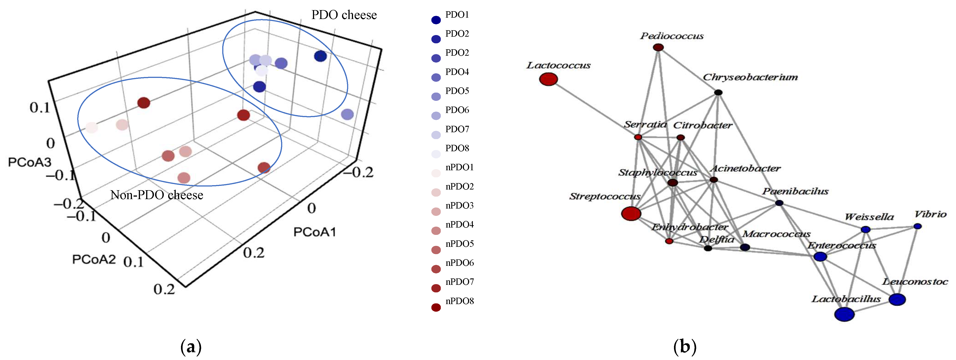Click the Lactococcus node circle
[548, 79]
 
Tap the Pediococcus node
[658, 47]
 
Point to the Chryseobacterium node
[718, 92]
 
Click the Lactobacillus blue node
[844, 314]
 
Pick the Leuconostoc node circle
[897, 299]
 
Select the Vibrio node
[918, 226]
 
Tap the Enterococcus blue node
[820, 256]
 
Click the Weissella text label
[869, 217]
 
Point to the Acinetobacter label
[745, 168]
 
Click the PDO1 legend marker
[436, 20]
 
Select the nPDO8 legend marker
[436, 307]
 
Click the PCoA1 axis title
[315, 232]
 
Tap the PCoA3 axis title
[30, 162]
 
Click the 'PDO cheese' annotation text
[344, 15]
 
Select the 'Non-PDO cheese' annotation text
[157, 195]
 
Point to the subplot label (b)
[685, 347]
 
